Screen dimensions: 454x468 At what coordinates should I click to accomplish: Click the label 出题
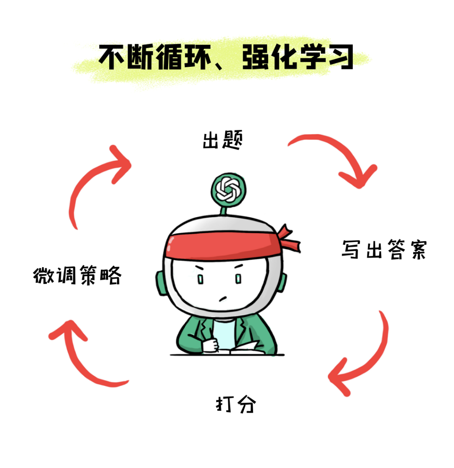click(x=222, y=142)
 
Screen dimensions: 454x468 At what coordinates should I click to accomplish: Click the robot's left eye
click(x=201, y=279)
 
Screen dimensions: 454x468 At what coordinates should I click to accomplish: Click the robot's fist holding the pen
click(x=211, y=344)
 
